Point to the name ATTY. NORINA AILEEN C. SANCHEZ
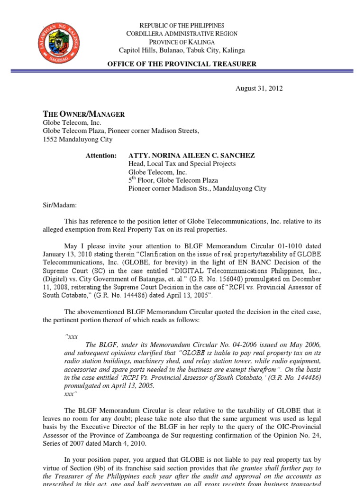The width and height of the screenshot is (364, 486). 192,156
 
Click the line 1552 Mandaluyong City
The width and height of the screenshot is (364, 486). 78,139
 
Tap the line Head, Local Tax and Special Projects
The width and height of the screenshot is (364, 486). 182,164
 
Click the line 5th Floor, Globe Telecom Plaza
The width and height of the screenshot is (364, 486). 173,180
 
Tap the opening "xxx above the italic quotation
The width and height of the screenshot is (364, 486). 70,336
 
